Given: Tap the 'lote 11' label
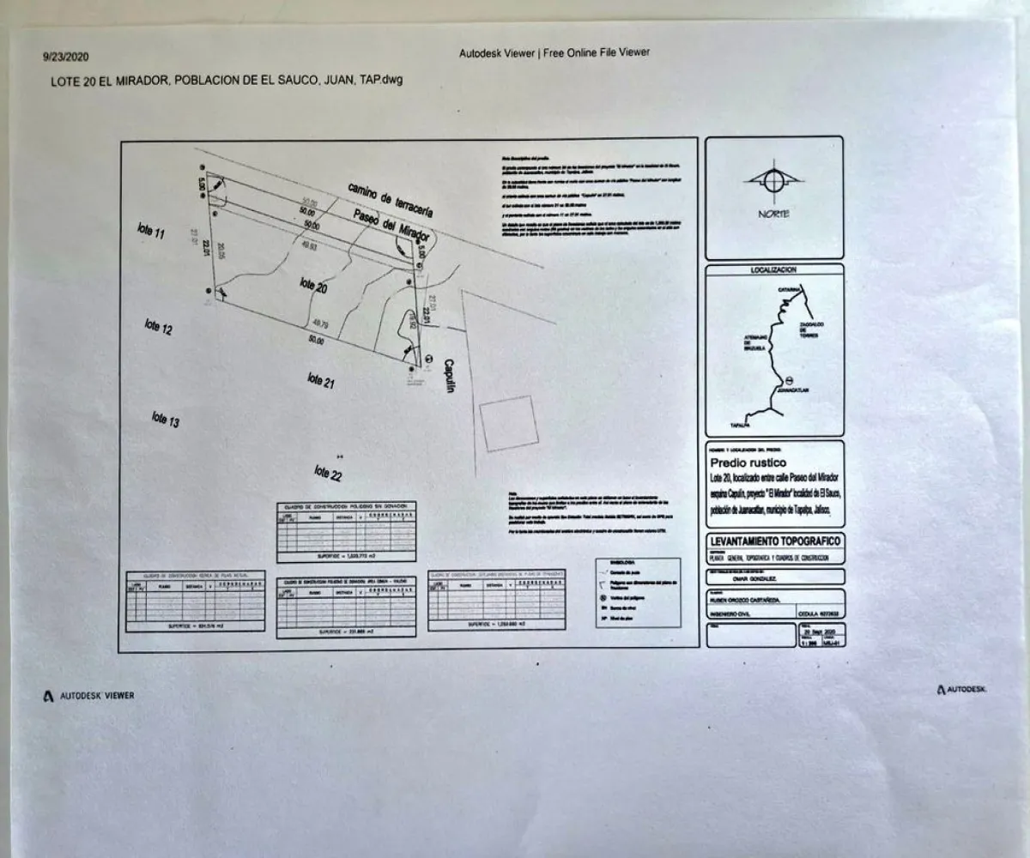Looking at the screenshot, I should (150, 231).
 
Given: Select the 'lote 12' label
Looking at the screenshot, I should (158, 327).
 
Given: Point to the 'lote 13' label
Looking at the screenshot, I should (165, 420).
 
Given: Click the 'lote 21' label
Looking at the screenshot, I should (320, 378).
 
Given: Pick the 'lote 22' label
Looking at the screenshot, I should (328, 472).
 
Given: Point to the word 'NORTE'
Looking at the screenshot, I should (773, 214).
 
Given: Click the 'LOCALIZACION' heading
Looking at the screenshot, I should (773, 270).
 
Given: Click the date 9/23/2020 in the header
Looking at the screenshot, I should (61, 57).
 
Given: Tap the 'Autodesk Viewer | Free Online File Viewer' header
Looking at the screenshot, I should (554, 52).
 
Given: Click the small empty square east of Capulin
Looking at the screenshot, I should (509, 423).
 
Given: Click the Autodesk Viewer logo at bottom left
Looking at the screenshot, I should (88, 696).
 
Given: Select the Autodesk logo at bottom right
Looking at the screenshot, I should (961, 689).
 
